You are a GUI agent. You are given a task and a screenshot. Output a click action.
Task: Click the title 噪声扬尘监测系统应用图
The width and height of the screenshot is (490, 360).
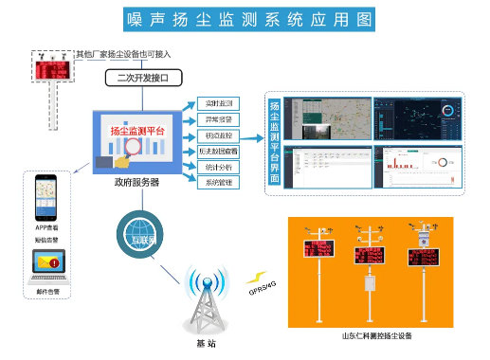point(245,20)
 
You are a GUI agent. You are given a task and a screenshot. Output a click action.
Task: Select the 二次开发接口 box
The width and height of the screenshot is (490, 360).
point(146,77)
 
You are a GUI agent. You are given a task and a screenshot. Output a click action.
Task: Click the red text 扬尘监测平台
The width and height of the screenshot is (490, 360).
point(138,131)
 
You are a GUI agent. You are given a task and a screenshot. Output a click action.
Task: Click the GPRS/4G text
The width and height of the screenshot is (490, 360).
point(262,287)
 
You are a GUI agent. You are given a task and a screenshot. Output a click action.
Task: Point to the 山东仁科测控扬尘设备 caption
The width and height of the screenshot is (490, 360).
point(376,335)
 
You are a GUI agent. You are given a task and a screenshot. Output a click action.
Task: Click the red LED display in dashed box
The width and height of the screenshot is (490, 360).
point(50,72)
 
